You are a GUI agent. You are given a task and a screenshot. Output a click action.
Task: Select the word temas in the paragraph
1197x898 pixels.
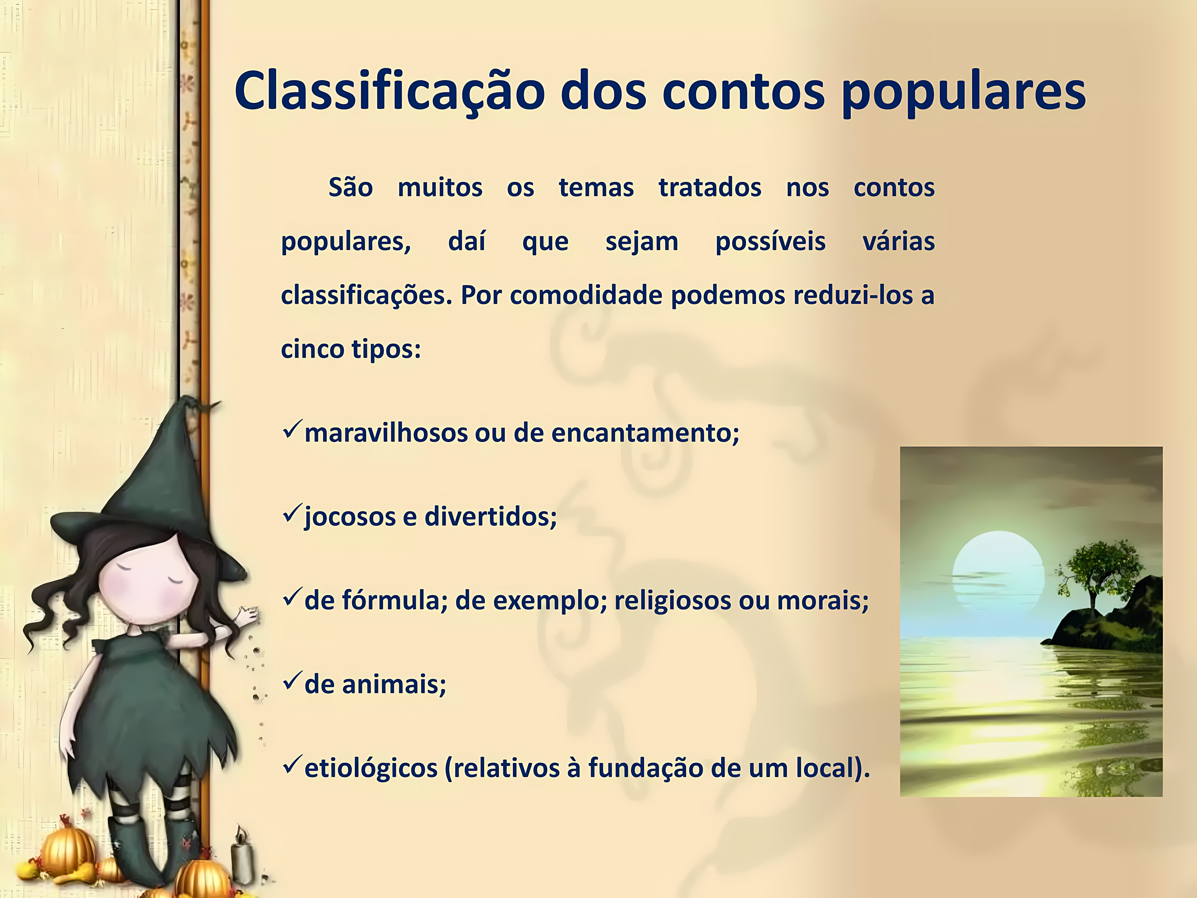click(596, 188)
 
